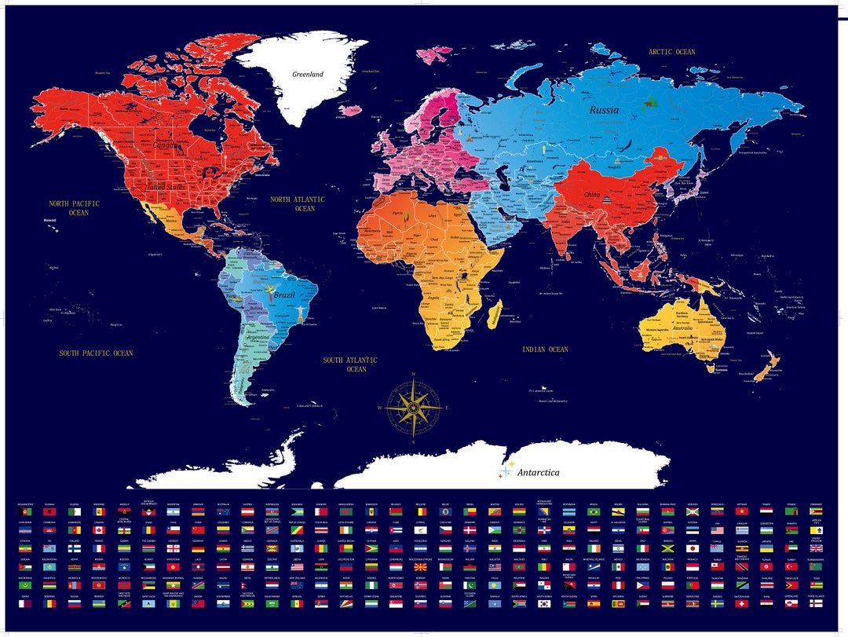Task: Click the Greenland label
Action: pos(308,75)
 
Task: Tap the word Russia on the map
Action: pos(604,110)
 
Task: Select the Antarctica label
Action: pos(538,473)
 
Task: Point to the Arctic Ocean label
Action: pos(671,52)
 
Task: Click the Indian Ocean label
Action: pos(546,349)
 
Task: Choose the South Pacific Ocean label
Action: pos(96,353)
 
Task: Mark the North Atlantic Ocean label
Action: pos(298,204)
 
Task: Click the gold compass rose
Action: pos(413,408)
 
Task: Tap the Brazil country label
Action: pos(284,295)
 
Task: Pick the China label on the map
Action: pos(592,195)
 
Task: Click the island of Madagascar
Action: pos(495,316)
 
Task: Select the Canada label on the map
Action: pos(165,145)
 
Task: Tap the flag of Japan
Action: pos(693,548)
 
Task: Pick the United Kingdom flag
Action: pos(816,548)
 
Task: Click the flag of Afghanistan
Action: pos(25,511)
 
